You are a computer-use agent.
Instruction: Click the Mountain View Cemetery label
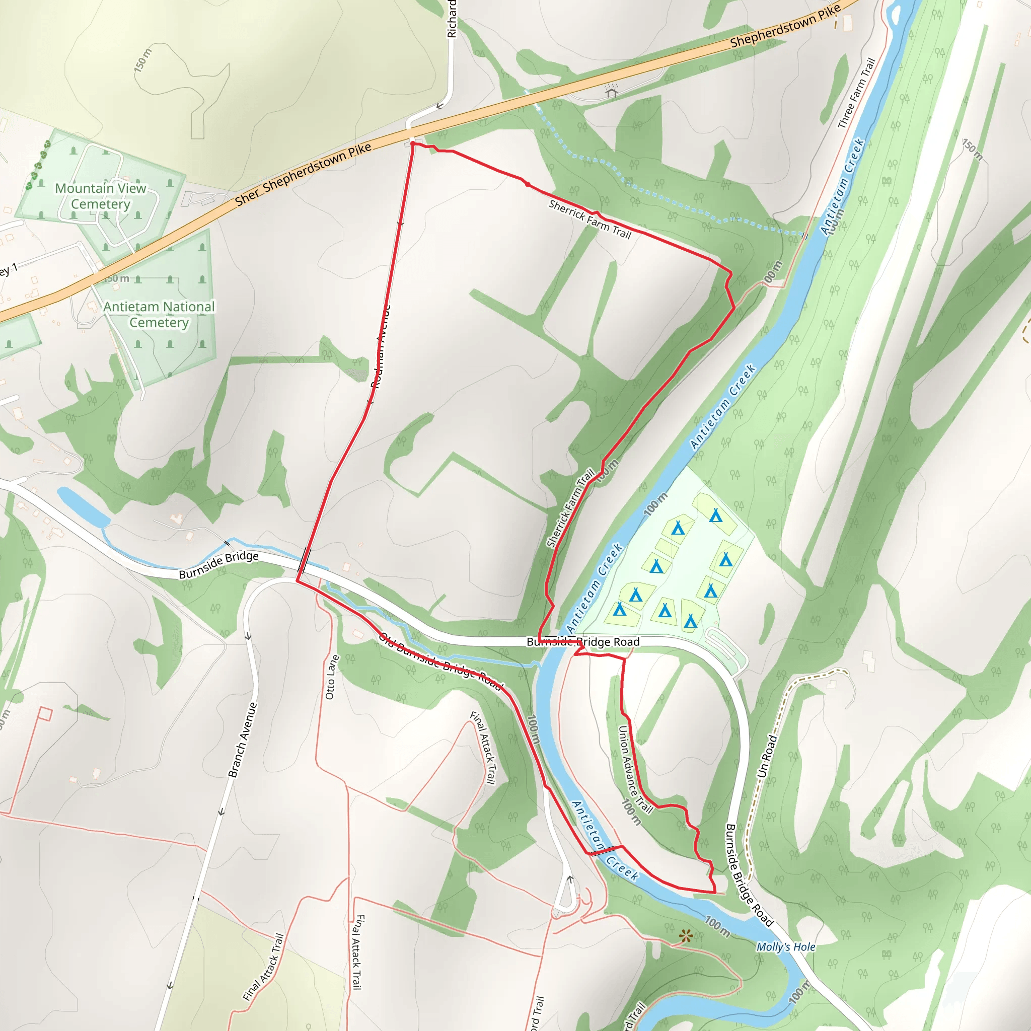(x=100, y=196)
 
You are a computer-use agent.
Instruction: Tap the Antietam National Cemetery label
(x=159, y=314)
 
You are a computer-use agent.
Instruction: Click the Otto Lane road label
(x=331, y=677)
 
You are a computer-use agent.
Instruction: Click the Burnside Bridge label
(x=218, y=565)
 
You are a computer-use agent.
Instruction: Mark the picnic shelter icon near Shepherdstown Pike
(x=611, y=91)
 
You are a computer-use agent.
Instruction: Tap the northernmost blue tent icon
(x=716, y=515)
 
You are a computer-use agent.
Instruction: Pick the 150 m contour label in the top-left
(x=143, y=60)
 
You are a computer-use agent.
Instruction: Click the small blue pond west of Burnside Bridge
(x=83, y=506)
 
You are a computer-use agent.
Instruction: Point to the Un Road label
(x=767, y=756)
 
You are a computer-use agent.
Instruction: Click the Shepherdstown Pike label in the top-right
(x=785, y=25)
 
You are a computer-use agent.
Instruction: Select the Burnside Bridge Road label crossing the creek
(x=583, y=642)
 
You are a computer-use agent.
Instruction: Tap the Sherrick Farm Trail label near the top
(x=590, y=219)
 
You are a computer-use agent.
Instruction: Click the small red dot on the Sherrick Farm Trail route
(x=527, y=184)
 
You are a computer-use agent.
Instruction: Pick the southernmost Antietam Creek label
(x=605, y=841)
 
